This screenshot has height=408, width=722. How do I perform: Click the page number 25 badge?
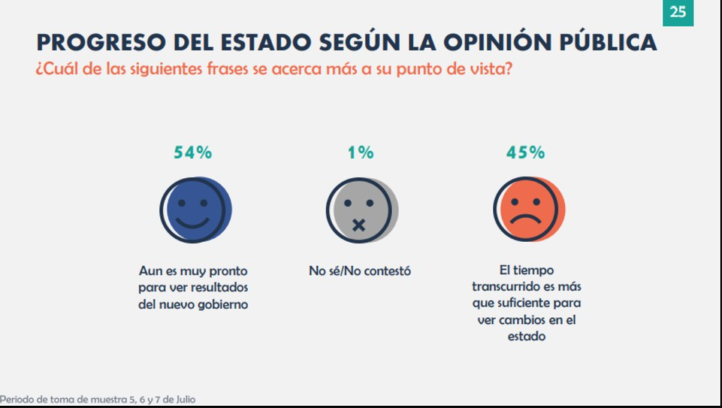point(678,13)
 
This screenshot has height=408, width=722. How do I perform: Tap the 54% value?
point(193,152)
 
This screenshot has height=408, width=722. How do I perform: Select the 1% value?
point(360,152)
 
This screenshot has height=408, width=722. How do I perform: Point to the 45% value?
point(525,152)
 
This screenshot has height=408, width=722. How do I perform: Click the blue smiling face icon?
point(195,210)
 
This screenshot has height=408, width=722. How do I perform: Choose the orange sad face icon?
point(527,210)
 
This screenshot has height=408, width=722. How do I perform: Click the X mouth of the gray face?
point(358,225)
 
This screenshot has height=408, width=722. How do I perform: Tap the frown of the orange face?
point(525,219)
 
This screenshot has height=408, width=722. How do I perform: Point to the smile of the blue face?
point(192,222)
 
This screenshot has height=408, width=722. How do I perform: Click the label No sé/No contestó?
point(360,270)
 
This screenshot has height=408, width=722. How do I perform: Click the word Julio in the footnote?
point(183,400)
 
